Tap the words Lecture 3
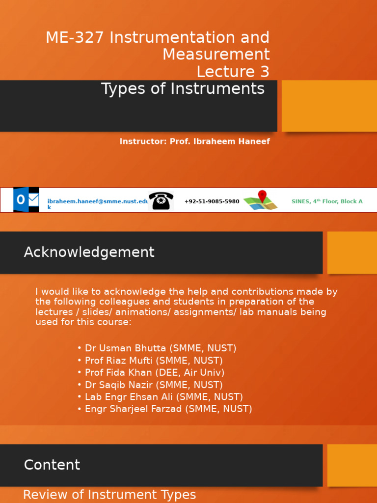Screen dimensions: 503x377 pos(233,72)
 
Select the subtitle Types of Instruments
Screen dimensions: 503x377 pos(183,89)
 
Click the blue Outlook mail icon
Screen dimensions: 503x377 pos(26,199)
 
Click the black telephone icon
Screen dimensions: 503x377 pos(161,200)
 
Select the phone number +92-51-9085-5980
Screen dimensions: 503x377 pos(212,201)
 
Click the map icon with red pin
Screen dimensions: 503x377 pos(261,200)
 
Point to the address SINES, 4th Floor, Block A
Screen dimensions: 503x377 pos(327,201)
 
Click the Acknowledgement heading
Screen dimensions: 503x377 pos(89,252)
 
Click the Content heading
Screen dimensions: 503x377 pos(52,465)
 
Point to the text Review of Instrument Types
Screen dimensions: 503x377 pos(109,495)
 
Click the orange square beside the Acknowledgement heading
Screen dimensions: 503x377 pos(352,252)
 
